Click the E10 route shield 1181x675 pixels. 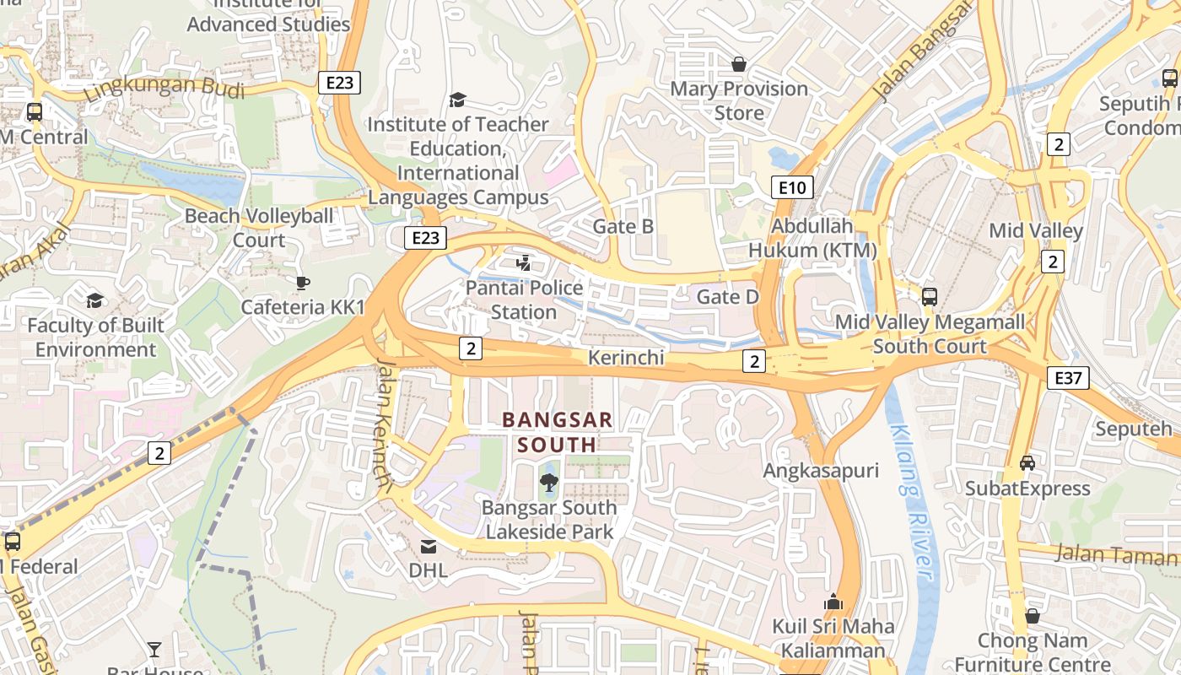[792, 187]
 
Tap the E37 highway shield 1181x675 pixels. [1068, 377]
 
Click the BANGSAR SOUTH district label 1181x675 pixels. [558, 431]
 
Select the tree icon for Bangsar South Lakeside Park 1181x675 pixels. [548, 483]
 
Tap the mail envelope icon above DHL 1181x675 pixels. [429, 547]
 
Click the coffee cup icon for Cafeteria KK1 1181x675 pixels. [302, 283]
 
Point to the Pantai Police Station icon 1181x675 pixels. [524, 262]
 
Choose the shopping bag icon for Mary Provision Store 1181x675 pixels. [739, 64]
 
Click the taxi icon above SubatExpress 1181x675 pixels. [1027, 463]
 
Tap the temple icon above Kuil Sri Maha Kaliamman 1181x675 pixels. [833, 602]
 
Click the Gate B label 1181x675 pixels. [623, 226]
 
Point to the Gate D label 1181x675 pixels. [728, 297]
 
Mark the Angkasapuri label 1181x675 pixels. [821, 471]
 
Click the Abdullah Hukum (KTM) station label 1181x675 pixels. [812, 239]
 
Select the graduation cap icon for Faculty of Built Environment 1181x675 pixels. [94, 300]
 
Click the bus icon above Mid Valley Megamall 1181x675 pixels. [929, 297]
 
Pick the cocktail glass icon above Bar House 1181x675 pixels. [154, 649]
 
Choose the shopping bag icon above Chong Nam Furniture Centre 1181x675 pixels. [1032, 616]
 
